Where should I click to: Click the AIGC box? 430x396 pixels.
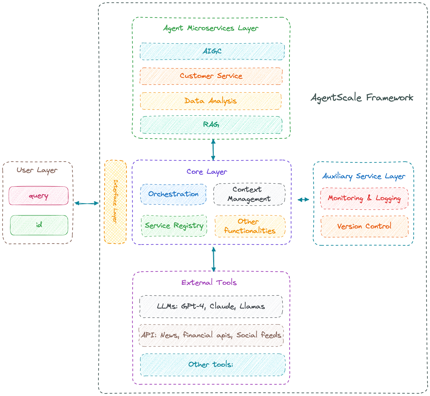(x=212, y=52)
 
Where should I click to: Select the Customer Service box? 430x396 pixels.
(x=211, y=76)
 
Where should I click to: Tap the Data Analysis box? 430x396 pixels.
(x=210, y=101)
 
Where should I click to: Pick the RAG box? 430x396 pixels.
(x=211, y=125)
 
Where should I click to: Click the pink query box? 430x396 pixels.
(x=39, y=196)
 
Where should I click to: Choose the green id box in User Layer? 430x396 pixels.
(x=39, y=225)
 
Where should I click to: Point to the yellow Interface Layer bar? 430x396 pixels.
(x=115, y=202)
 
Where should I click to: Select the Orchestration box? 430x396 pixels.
(x=173, y=194)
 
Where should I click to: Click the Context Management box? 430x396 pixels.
(x=249, y=194)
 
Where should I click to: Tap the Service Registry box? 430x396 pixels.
(x=174, y=226)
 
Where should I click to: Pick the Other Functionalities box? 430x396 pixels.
(x=250, y=226)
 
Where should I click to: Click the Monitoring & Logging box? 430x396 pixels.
(x=364, y=198)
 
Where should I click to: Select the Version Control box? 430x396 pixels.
(x=364, y=227)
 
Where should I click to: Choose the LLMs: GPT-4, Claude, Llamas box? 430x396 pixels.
(x=211, y=307)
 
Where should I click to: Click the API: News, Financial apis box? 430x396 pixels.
(x=211, y=335)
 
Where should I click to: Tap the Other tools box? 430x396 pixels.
(x=212, y=365)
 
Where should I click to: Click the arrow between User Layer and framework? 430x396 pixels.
(x=87, y=203)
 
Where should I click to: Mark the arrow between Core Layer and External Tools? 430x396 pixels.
(x=213, y=259)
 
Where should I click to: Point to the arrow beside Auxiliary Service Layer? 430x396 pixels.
(x=303, y=199)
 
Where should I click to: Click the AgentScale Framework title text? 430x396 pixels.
(x=362, y=98)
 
